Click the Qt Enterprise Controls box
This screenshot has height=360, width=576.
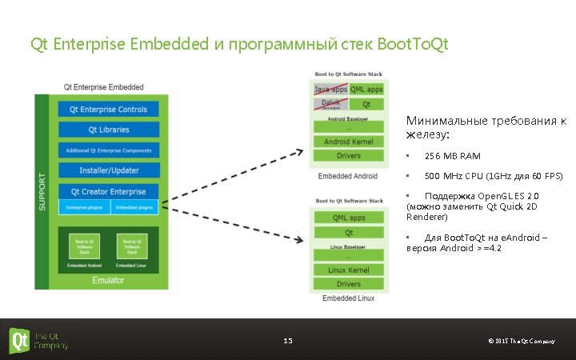pos(108,110)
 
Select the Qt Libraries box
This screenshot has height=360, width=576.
pos(108,130)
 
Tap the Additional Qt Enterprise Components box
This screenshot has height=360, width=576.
pos(108,150)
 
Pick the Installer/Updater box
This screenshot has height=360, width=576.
pos(108,170)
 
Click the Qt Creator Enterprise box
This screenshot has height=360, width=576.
pos(108,192)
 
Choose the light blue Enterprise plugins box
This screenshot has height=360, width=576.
pos(83,208)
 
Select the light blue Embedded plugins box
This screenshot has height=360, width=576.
pos(134,208)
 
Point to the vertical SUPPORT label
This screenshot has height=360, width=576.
pos(42,192)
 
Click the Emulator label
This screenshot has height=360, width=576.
pos(108,280)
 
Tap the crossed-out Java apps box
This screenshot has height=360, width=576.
pos(330,90)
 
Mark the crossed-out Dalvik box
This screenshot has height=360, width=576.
pos(330,104)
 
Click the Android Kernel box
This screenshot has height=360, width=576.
pos(348,142)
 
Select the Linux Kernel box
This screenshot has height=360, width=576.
pos(348,270)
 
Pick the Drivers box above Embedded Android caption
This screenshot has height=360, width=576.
pos(348,156)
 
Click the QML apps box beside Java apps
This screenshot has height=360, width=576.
pos(366,90)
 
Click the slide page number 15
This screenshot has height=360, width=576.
pos(288,342)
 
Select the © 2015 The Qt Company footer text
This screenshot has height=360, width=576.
pos(521,342)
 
